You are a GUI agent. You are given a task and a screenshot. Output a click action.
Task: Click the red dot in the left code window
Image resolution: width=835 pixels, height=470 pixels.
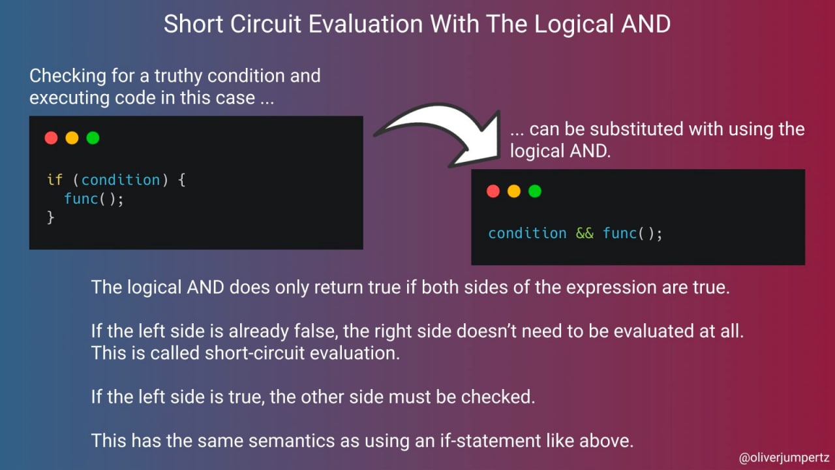[51, 138]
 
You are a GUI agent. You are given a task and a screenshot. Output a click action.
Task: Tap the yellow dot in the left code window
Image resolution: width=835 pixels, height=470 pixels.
[72, 138]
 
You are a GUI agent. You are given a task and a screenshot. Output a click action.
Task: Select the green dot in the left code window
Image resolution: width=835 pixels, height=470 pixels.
[93, 138]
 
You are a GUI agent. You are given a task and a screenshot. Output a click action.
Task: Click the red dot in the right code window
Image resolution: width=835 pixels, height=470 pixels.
[493, 191]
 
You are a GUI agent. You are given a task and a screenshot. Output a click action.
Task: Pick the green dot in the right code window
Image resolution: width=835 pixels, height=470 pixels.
[534, 191]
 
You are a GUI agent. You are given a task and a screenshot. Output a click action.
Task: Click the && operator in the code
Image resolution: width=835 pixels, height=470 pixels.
[584, 233]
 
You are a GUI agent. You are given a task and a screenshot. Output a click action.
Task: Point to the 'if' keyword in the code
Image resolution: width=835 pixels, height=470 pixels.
[55, 180]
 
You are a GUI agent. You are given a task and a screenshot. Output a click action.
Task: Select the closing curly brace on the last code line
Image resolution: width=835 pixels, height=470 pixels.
[51, 217]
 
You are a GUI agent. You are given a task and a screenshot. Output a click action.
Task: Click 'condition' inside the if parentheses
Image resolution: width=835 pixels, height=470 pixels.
[121, 180]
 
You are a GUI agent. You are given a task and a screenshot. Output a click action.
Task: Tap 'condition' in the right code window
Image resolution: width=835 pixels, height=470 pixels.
[527, 233]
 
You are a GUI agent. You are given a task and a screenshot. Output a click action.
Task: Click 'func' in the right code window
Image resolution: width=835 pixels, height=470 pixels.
[620, 233]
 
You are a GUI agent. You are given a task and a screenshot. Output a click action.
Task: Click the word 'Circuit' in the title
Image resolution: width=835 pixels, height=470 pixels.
[266, 24]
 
